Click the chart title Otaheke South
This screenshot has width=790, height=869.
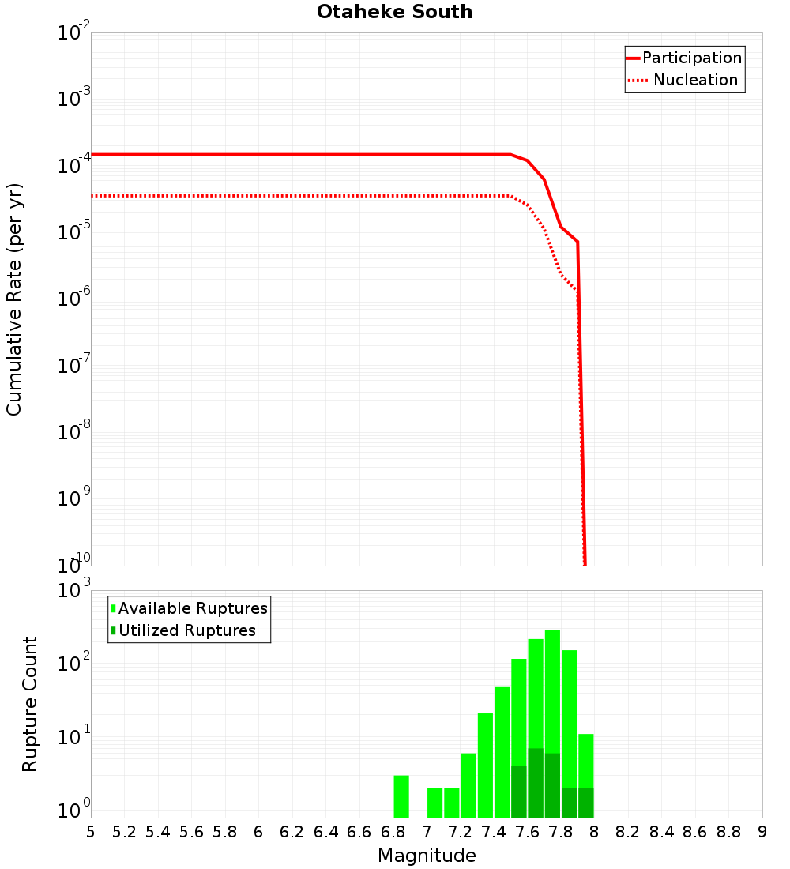pos(394,12)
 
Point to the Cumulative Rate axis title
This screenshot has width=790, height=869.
pos(14,299)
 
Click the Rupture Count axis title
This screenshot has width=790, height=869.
pos(30,704)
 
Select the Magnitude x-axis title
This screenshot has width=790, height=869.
pos(427,856)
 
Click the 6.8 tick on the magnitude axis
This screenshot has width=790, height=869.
pos(393,832)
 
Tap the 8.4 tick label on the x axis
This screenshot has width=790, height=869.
pos(662,832)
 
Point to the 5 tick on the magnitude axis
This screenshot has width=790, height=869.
pos(91,832)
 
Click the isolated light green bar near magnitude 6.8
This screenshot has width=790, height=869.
pos(401,796)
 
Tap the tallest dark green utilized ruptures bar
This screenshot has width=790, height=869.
pos(536,782)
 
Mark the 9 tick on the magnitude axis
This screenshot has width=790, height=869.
pos(762,832)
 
